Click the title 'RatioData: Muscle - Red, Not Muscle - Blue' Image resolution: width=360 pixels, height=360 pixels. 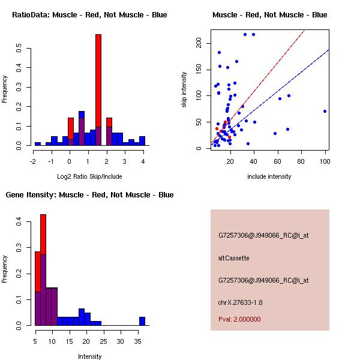click(x=89, y=14)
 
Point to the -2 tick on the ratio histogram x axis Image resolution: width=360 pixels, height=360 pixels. click(x=34, y=161)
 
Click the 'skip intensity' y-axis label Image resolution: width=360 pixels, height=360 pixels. click(x=184, y=90)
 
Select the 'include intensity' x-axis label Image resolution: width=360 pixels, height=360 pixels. click(x=269, y=176)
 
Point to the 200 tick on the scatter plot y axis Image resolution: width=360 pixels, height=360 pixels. click(x=199, y=43)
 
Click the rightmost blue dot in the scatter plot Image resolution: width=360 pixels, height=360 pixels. click(x=325, y=111)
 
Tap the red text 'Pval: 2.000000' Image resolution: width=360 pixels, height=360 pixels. click(x=239, y=319)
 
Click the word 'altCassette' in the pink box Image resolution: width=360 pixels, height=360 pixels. click(x=233, y=258)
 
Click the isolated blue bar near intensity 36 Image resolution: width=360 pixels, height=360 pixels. click(x=142, y=321)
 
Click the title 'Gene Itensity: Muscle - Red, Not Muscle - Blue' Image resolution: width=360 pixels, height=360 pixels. click(x=89, y=195)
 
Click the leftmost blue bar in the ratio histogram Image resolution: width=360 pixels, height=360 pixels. click(x=37, y=144)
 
